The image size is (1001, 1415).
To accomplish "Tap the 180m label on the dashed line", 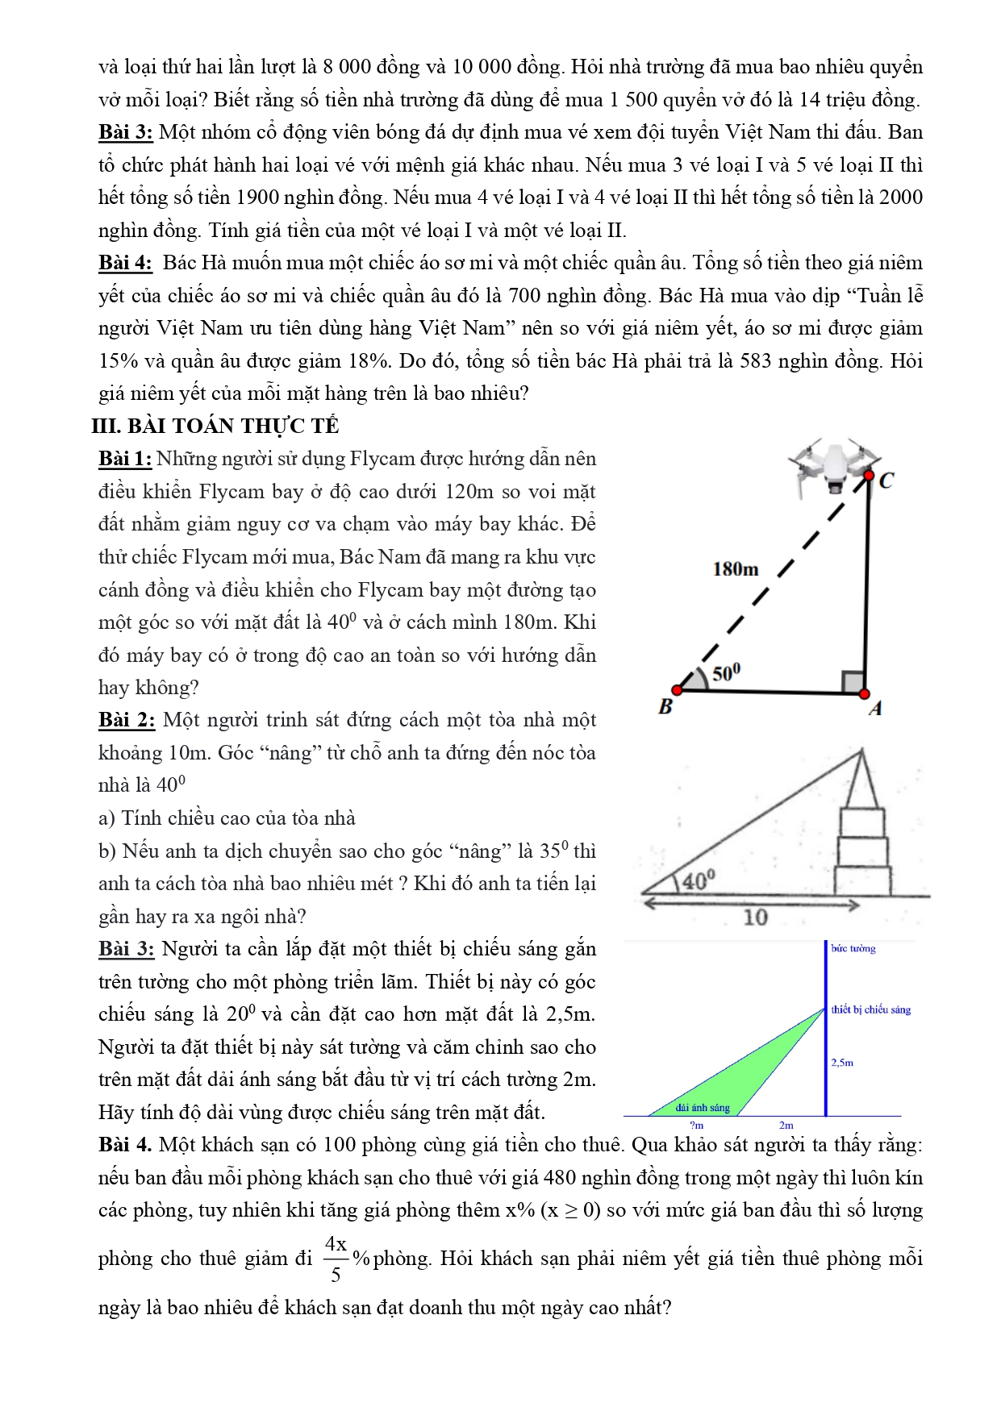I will (x=735, y=569).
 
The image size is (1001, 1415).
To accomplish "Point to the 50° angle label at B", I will (x=726, y=672).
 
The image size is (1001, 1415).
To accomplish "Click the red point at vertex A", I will (x=864, y=693).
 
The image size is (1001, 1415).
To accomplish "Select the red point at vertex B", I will (x=678, y=690).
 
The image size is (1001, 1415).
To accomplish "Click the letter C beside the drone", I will (x=886, y=481).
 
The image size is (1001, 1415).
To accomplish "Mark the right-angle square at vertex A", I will (x=853, y=682).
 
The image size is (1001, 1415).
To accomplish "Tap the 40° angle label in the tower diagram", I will (x=699, y=880).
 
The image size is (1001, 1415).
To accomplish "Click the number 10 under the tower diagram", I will (x=755, y=918).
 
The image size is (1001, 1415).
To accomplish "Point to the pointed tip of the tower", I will (x=862, y=751).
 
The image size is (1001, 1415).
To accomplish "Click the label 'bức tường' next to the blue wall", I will (x=853, y=948).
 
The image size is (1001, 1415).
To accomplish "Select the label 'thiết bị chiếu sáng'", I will (x=871, y=1009).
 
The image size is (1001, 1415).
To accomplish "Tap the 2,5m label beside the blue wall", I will (x=842, y=1063).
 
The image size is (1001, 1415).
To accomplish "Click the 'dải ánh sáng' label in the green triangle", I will (x=703, y=1108).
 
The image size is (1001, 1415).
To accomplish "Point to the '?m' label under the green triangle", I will (x=697, y=1125).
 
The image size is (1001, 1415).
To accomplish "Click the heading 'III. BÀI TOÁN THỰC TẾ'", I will (x=215, y=426).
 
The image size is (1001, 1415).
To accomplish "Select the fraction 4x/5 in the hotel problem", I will (x=336, y=1259).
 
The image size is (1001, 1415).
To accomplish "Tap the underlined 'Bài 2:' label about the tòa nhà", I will (x=127, y=720).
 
